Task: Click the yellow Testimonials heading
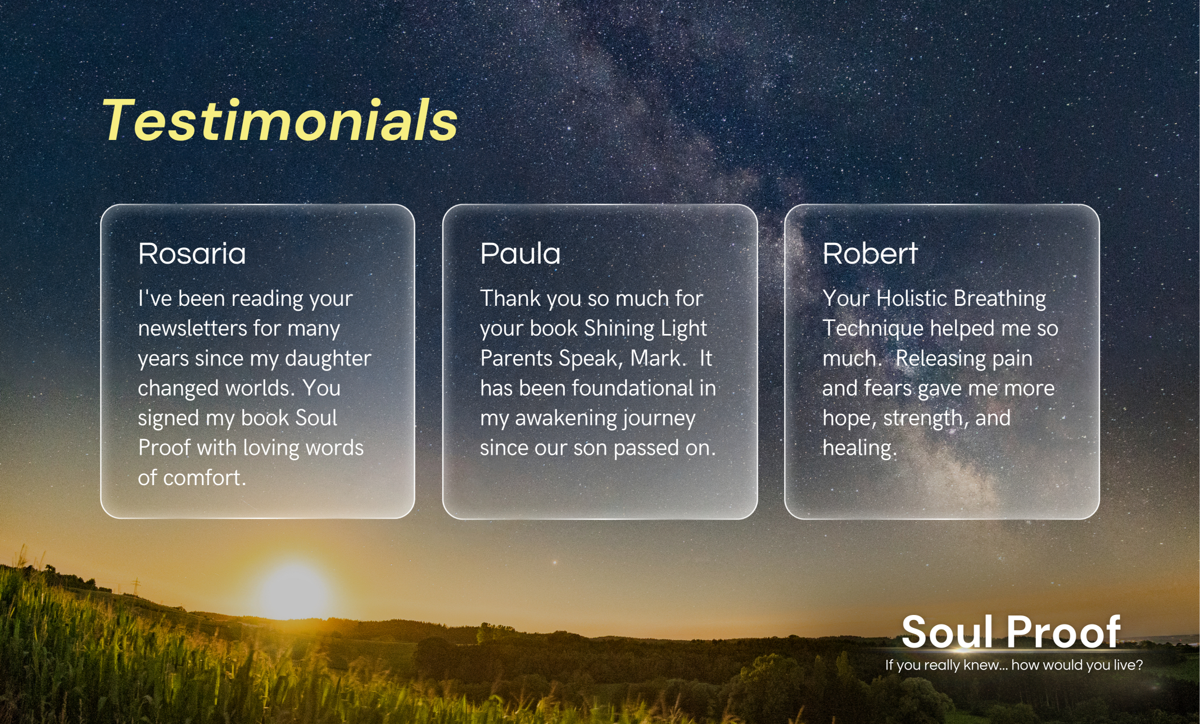point(279,120)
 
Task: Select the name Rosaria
point(192,254)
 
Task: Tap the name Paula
point(520,254)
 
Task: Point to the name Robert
point(870,254)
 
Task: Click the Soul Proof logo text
point(1011,631)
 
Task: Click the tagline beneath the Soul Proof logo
point(1014,665)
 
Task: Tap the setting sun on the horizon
point(293,590)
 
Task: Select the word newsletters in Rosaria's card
point(192,328)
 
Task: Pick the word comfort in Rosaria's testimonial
point(205,478)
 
